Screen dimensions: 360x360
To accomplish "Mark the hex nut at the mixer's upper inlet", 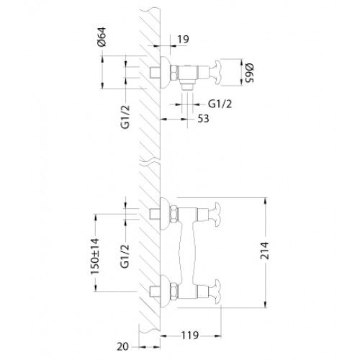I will click(175, 214).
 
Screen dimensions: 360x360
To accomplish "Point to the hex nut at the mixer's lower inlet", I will click(175, 292).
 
